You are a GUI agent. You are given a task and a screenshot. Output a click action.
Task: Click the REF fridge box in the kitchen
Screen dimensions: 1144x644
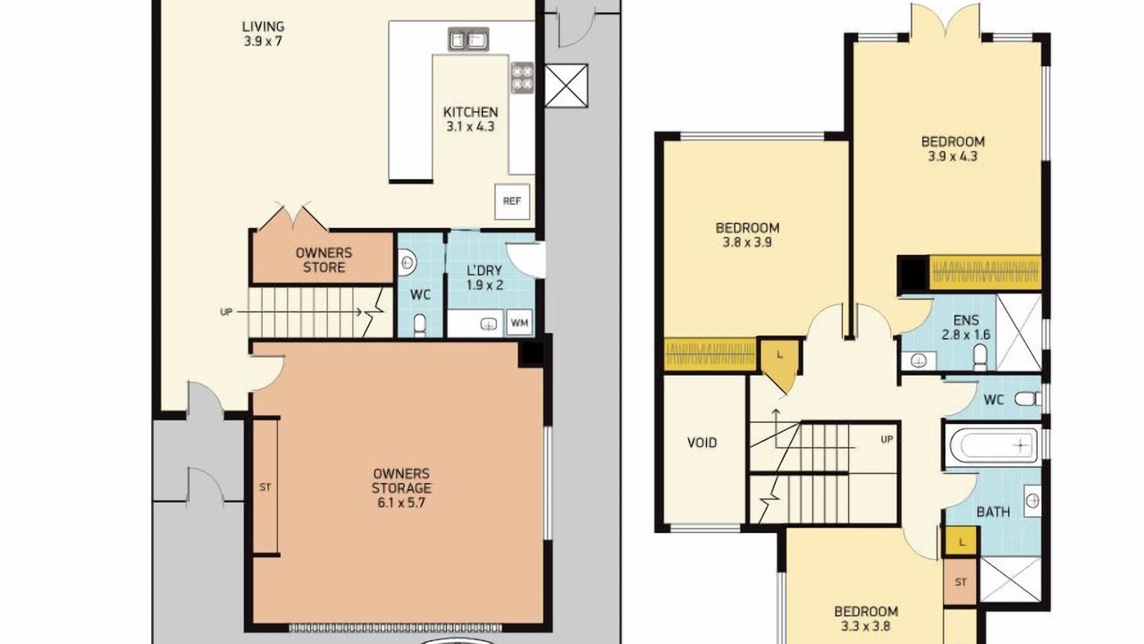(512, 201)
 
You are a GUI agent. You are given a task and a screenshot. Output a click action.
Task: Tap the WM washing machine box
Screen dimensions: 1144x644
(519, 323)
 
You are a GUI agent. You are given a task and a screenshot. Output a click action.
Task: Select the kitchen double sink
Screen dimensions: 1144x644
(469, 39)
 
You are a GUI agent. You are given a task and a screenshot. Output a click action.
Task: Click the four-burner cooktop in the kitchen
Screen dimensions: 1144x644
(523, 78)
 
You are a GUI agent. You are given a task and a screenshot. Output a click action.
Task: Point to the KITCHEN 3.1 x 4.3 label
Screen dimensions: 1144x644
(470, 119)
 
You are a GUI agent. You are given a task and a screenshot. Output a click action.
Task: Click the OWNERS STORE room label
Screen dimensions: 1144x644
(324, 259)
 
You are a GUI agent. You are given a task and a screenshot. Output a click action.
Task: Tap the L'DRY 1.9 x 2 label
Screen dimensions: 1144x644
(484, 277)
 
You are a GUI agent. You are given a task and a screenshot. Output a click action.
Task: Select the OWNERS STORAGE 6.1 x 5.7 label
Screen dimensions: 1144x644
(401, 488)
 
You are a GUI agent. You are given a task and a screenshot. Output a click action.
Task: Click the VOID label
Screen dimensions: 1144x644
(702, 443)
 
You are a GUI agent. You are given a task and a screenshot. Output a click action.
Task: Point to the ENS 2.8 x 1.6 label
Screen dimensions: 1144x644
(966, 327)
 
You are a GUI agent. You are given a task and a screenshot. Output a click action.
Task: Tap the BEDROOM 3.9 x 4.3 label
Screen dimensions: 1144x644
(953, 148)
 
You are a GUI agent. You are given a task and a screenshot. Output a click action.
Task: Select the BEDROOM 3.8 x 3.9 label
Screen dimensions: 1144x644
(747, 234)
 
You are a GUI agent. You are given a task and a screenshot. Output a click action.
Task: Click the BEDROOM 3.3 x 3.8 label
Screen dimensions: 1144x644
(866, 618)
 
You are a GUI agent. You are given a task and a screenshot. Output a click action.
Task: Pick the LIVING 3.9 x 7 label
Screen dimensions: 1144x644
(263, 34)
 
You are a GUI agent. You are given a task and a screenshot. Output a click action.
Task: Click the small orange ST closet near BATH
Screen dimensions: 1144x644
(961, 581)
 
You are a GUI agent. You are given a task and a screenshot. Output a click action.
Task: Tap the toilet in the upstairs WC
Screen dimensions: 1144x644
(1027, 399)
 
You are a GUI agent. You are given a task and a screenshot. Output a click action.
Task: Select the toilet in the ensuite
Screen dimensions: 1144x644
(980, 357)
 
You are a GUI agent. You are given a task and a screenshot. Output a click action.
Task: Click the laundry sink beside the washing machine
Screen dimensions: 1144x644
(489, 324)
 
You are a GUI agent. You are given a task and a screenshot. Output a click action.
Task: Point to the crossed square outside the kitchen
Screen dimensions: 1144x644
(566, 86)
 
